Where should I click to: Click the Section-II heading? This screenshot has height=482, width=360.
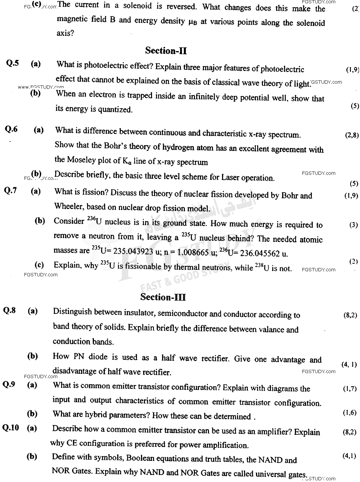click(166, 51)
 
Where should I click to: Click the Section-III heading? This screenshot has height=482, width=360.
click(163, 297)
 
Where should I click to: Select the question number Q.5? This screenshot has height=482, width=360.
click(12, 63)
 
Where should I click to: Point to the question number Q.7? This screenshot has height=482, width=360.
click(10, 191)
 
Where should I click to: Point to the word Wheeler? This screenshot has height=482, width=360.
click(69, 206)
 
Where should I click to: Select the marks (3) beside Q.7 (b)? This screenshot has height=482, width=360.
click(353, 225)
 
